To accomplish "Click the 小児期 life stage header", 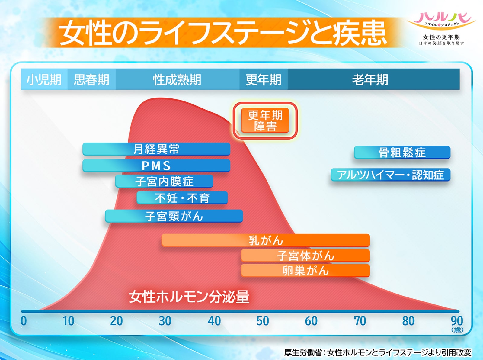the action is pos(44,79).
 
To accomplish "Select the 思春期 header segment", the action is pos(91,79).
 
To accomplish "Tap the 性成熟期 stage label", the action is pos(178,79).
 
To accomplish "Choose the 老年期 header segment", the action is pos(373,79).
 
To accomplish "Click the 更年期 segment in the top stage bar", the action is pos(264,79).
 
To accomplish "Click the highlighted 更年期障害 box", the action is pos(265,120).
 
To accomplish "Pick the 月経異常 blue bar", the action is pos(156,149).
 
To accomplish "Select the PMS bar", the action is pos(156,166).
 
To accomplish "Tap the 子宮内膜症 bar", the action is pos(164,181).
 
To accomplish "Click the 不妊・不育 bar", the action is pos(182,198).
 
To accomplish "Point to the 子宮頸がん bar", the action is pos(174,216).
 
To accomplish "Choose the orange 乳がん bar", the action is pos(266,240).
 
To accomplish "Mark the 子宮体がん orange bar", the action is pos(305,256).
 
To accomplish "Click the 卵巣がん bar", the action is pos(305,271).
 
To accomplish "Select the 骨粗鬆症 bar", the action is pos(402,152).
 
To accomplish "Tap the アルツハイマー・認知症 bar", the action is pos(391,175).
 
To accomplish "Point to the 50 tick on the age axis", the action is pos(263,321).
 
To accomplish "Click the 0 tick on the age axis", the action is pos(24,321).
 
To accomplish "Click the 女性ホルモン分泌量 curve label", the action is pos(189,297).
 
